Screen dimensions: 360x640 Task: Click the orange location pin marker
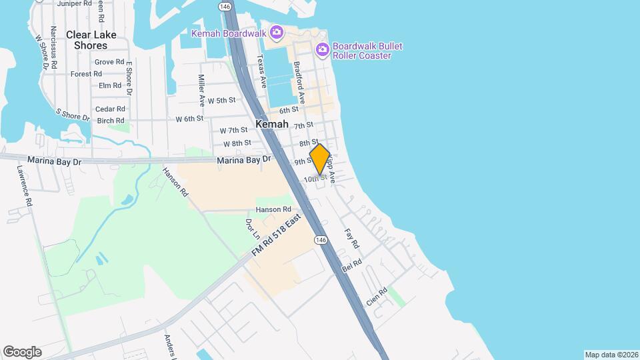tap(319, 159)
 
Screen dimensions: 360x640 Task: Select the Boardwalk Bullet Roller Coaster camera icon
tap(323, 49)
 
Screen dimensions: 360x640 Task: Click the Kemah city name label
tap(272, 124)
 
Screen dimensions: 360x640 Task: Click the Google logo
tap(22, 352)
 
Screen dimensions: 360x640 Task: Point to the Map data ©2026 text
tap(611, 355)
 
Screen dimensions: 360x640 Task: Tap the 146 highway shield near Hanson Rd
tap(321, 239)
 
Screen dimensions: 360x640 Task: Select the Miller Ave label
tap(201, 91)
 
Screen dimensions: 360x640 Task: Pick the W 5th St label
tap(222, 101)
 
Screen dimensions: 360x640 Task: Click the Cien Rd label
tap(377, 297)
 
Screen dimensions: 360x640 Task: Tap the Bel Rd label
tap(351, 267)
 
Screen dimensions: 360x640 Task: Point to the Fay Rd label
tap(351, 239)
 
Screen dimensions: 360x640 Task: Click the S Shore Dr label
tap(73, 115)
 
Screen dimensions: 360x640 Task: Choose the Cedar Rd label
tap(111, 109)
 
